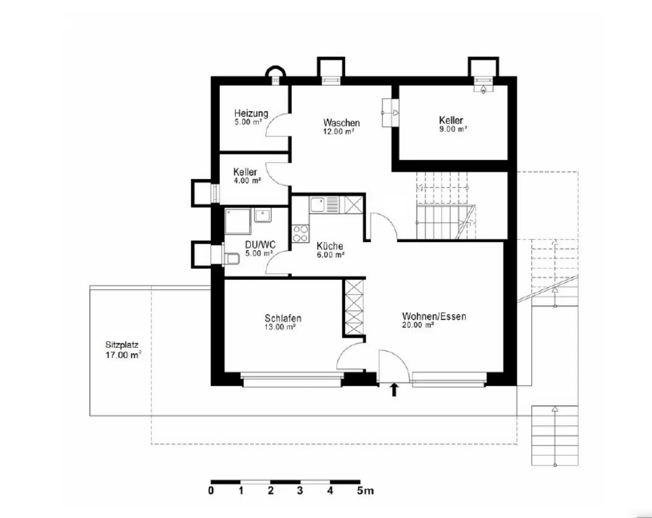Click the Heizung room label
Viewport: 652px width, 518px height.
(251, 113)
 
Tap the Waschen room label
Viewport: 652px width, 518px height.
(341, 123)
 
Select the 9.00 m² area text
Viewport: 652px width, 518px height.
(453, 129)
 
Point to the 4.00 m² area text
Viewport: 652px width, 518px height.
(247, 181)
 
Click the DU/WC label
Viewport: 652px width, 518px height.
(260, 245)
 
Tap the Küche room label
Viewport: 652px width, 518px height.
(330, 246)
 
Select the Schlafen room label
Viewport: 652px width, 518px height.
(283, 318)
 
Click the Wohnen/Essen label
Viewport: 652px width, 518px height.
(434, 316)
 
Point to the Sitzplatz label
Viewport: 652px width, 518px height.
(122, 345)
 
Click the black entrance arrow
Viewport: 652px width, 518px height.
(394, 390)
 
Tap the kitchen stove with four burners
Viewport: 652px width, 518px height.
(300, 234)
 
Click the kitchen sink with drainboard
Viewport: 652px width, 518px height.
(325, 205)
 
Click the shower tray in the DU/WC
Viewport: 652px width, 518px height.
(238, 221)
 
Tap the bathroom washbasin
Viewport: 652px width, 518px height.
(263, 215)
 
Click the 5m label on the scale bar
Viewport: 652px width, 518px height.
(365, 491)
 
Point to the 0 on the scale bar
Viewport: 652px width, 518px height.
(211, 491)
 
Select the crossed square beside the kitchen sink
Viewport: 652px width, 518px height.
(354, 205)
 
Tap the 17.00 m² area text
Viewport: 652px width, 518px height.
(123, 355)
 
